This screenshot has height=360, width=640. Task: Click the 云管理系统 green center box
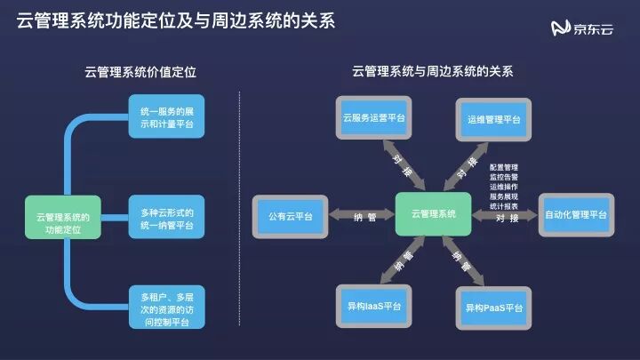434,215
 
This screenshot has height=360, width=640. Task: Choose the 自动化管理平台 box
576,215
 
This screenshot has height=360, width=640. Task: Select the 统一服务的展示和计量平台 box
166,116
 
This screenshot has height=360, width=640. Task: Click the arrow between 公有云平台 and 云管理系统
361,215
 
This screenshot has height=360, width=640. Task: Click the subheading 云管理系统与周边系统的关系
432,71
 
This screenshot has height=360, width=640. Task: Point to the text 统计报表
504,204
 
